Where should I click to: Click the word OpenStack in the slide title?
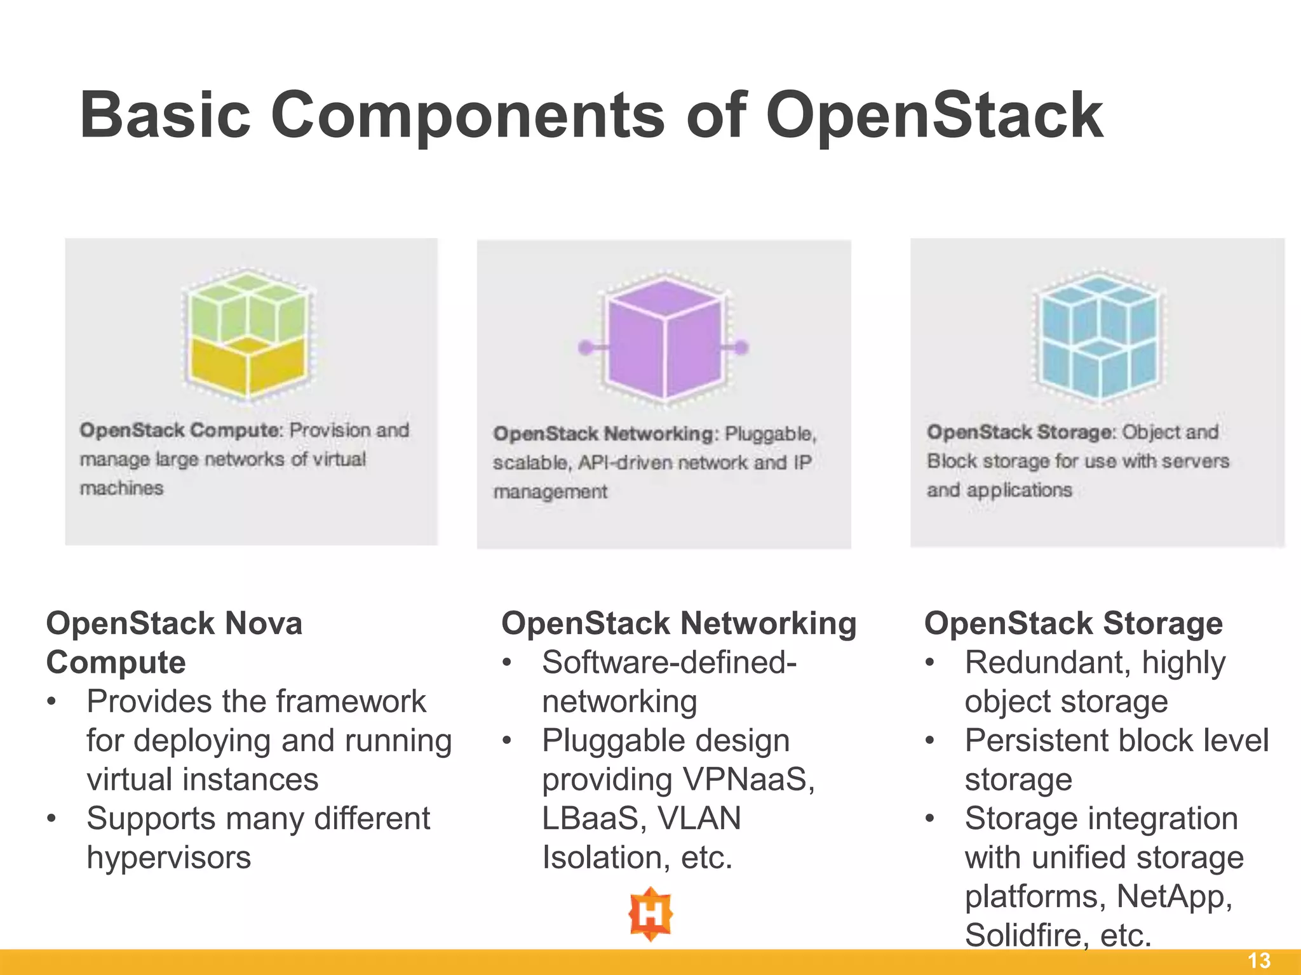pos(934,116)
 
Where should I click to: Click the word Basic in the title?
pos(165,116)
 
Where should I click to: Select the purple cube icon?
pos(664,340)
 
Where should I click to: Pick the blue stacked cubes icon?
pos(1098,335)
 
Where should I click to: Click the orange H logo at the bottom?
pos(650,914)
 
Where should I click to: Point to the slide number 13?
pos(1259,960)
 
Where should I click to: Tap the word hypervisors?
pos(169,858)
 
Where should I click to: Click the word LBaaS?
pos(596,818)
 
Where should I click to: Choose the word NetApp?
pos(1174,896)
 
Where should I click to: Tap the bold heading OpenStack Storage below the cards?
pos(1073,623)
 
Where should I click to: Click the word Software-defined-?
pos(669,663)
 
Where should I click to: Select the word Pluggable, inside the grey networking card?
pos(770,434)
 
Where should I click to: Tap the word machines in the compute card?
pos(121,488)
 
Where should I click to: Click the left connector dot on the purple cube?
pos(586,347)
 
